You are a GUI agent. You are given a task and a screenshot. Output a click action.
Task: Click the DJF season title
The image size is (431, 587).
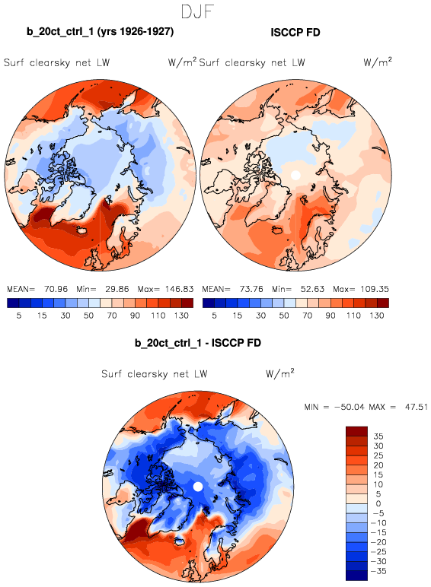[197, 11]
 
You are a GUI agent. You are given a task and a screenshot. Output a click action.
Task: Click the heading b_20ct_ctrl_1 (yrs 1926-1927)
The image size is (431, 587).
[100, 31]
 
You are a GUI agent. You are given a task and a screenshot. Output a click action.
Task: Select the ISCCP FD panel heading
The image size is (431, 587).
[295, 33]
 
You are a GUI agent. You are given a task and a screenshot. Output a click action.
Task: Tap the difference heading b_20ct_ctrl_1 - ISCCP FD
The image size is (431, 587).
[198, 343]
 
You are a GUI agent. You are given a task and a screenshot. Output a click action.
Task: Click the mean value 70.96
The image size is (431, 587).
[56, 289]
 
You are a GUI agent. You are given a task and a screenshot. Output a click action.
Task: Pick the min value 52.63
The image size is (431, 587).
[312, 289]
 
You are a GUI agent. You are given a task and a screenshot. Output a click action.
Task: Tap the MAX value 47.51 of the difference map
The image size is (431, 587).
[417, 407]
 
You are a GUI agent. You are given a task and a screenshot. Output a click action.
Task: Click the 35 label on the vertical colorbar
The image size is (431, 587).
[378, 436]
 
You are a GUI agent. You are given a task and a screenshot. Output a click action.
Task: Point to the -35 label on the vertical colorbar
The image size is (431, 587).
[378, 571]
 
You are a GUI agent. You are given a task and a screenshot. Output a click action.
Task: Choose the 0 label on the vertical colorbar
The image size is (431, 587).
[378, 503]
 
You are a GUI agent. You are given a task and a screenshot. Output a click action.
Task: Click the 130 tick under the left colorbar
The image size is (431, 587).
[181, 316]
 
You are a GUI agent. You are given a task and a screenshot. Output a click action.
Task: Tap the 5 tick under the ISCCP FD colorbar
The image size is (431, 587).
[214, 316]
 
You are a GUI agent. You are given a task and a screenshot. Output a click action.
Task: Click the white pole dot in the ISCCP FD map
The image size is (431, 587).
[295, 175]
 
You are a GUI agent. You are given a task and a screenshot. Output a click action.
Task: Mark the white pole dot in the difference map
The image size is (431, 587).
[198, 487]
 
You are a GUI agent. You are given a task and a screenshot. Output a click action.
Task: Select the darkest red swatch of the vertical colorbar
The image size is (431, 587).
[357, 431]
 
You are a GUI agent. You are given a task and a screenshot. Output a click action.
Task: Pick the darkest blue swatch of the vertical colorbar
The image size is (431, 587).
[357, 576]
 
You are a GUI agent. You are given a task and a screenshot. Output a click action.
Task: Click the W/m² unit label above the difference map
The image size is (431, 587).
[280, 373]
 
